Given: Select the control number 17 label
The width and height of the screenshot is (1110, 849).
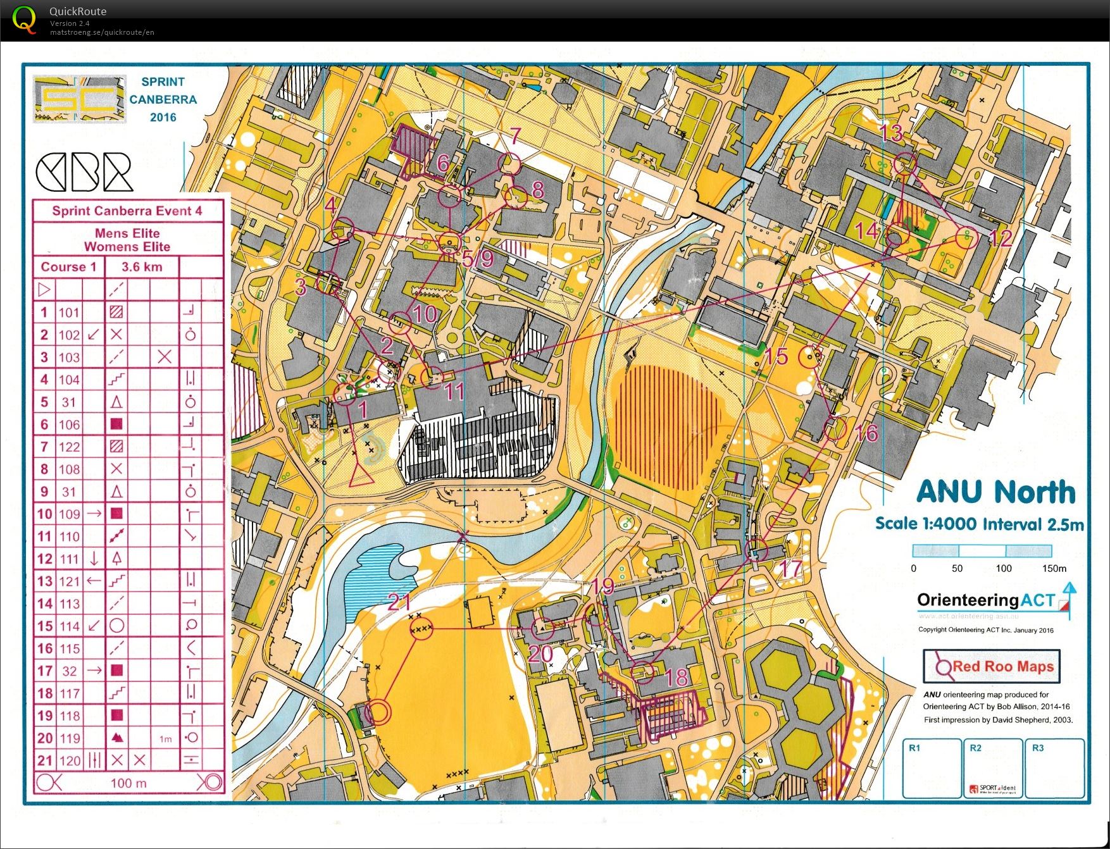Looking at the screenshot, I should click(x=791, y=568).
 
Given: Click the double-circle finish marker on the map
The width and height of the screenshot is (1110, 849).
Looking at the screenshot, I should click(x=378, y=712).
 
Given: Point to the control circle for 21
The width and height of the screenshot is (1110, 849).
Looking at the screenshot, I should click(x=421, y=628).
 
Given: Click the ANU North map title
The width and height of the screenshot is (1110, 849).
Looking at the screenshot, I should click(x=995, y=492).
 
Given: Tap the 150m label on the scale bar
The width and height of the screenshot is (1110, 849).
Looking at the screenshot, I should click(x=1054, y=568).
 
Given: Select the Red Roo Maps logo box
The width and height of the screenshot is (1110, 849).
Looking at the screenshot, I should click(x=991, y=666).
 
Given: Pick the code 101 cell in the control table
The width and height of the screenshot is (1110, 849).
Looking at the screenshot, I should click(x=69, y=313).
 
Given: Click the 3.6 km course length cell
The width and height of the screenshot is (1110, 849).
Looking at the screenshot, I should click(x=142, y=267).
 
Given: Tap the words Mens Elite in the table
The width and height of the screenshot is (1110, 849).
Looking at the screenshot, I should click(x=127, y=233).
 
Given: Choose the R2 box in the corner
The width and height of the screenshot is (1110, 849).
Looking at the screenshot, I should click(x=992, y=768).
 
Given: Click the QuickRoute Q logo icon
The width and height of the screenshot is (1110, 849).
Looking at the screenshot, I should click(x=24, y=20).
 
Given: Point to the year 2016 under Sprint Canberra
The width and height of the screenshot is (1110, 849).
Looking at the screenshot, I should click(x=163, y=117).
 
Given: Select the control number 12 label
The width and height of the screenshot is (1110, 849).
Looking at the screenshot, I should click(x=1001, y=239).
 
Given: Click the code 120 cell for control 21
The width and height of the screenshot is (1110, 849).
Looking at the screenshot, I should click(x=69, y=760).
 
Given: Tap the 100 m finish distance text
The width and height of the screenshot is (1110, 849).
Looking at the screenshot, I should click(x=128, y=783).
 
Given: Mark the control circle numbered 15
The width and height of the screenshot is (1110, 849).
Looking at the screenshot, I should click(x=809, y=357).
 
